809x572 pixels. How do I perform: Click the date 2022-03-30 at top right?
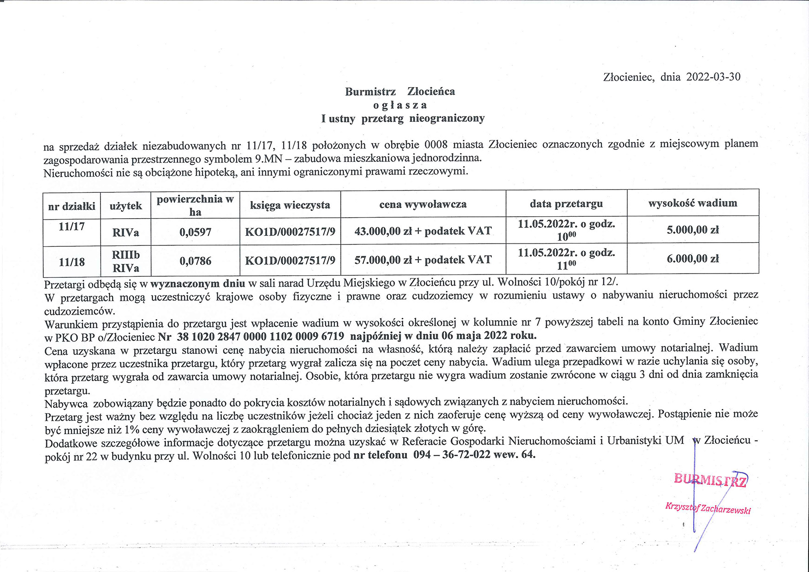pyautogui.click(x=713, y=77)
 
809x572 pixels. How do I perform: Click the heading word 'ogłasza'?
pyautogui.click(x=400, y=105)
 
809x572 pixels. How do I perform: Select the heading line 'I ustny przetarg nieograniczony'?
pyautogui.click(x=403, y=119)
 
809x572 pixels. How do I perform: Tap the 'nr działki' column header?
pyautogui.click(x=71, y=206)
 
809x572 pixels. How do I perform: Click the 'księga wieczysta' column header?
pyautogui.click(x=290, y=204)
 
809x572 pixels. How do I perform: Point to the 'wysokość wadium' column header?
pyautogui.click(x=692, y=203)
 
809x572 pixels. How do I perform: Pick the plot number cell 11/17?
pyautogui.click(x=71, y=226)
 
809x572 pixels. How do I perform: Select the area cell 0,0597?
pyautogui.click(x=195, y=232)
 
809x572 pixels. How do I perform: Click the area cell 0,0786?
pyautogui.click(x=195, y=261)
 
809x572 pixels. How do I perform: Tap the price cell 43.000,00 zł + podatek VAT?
pyautogui.click(x=422, y=231)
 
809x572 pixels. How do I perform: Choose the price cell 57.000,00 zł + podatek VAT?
pyautogui.click(x=422, y=260)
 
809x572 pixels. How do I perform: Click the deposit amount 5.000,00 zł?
pyautogui.click(x=692, y=230)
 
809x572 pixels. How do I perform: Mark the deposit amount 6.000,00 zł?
pyautogui.click(x=692, y=259)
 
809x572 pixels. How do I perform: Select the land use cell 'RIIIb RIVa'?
pyautogui.click(x=125, y=261)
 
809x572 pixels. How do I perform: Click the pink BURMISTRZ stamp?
pyautogui.click(x=710, y=480)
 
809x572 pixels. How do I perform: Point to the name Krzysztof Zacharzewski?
pyautogui.click(x=708, y=508)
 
